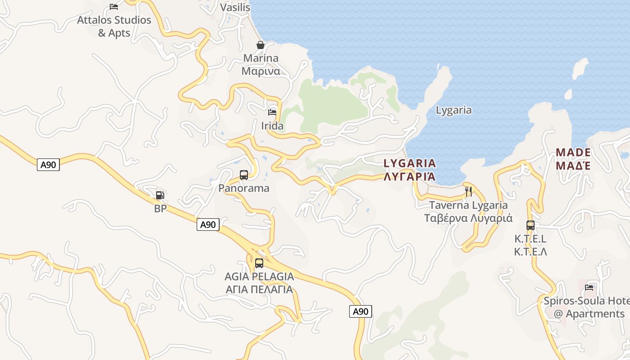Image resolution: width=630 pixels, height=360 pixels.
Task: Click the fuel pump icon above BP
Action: pyautogui.click(x=160, y=195)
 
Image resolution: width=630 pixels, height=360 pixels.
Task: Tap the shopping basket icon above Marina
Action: pyautogui.click(x=260, y=45)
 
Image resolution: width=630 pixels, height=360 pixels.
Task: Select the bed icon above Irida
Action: pyautogui.click(x=272, y=112)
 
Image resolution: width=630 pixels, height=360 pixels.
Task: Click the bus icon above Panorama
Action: pyautogui.click(x=243, y=175)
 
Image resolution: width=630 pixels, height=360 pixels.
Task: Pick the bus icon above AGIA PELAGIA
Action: pyautogui.click(x=259, y=263)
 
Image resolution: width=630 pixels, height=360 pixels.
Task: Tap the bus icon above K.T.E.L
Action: pyautogui.click(x=531, y=225)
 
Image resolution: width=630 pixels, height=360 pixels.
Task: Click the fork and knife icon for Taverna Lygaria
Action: pyautogui.click(x=468, y=192)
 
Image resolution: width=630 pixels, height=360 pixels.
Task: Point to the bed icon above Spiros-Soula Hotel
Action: pyautogui.click(x=589, y=287)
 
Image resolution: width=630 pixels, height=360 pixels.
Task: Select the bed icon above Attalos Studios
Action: pyautogui.click(x=114, y=6)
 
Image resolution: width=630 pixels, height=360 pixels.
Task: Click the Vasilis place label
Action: pyautogui.click(x=235, y=7)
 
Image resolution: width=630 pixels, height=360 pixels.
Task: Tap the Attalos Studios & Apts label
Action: pyautogui.click(x=114, y=26)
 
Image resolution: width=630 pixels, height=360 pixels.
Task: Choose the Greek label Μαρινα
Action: pyautogui.click(x=261, y=71)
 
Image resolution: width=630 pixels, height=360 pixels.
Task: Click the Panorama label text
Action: pyautogui.click(x=244, y=188)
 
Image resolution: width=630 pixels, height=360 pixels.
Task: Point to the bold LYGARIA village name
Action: pyautogui.click(x=409, y=163)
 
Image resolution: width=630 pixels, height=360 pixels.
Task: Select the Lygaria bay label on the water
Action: pyautogui.click(x=454, y=110)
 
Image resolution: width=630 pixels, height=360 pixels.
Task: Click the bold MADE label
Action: pyautogui.click(x=572, y=152)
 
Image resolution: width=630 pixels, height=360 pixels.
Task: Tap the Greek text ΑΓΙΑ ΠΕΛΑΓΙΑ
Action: pyautogui.click(x=259, y=289)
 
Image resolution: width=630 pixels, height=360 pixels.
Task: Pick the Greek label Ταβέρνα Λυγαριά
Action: pyautogui.click(x=468, y=218)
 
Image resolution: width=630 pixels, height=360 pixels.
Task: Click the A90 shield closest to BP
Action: pyautogui.click(x=208, y=225)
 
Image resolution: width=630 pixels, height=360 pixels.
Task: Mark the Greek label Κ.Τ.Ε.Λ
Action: pyautogui.click(x=531, y=252)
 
